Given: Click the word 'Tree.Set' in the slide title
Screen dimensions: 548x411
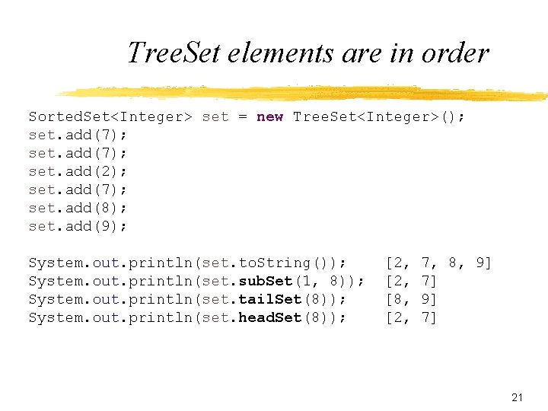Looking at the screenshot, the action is pyautogui.click(x=174, y=53).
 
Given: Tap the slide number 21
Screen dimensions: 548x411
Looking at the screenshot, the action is pyautogui.click(x=518, y=397).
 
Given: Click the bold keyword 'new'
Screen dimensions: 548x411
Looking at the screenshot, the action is pyautogui.click(x=270, y=116).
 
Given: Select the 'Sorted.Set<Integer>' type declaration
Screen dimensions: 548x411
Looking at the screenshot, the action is pyautogui.click(x=110, y=116).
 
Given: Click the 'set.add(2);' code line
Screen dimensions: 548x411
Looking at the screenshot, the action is pyautogui.click(x=78, y=171).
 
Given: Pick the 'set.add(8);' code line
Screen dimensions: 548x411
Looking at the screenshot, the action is pyautogui.click(x=78, y=208).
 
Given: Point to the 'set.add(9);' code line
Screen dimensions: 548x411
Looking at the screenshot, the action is pyautogui.click(x=78, y=226).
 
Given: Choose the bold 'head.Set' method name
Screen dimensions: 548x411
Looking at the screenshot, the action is pyautogui.click(x=270, y=317).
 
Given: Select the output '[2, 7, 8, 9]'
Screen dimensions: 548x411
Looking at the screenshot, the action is pyautogui.click(x=438, y=263).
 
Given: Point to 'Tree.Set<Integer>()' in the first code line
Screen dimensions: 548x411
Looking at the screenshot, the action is pyautogui.click(x=378, y=116).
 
